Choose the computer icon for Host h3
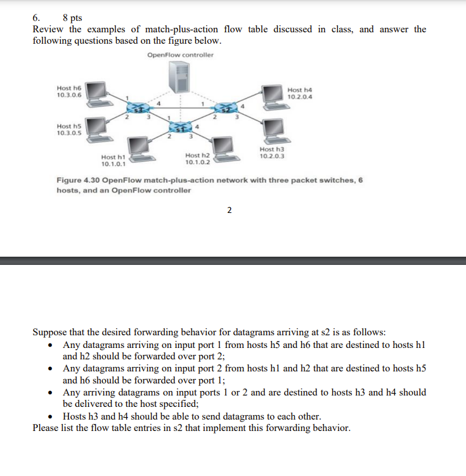(x=273, y=131)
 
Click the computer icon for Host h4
(x=273, y=93)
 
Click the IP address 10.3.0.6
(x=68, y=96)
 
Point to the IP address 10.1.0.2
(x=197, y=162)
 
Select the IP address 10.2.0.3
(x=271, y=155)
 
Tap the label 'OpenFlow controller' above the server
(x=180, y=55)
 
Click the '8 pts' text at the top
(x=72, y=18)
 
